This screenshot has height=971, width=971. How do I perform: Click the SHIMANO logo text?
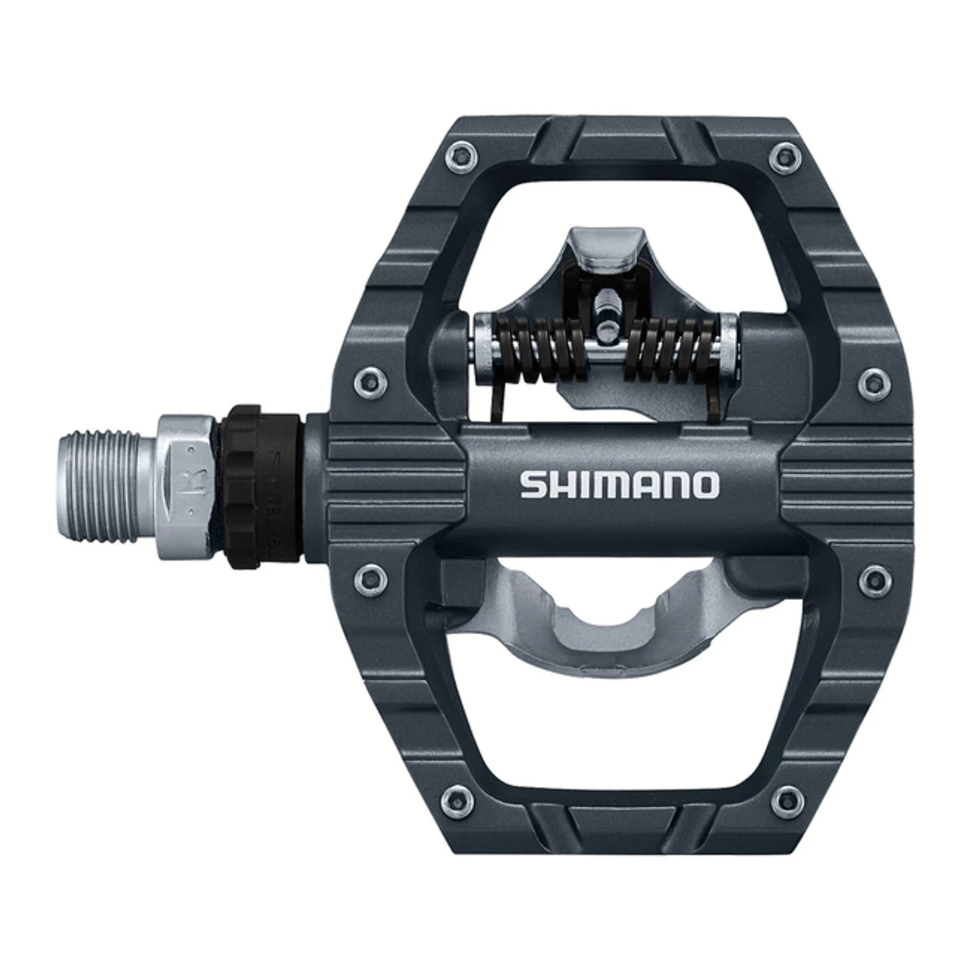(x=617, y=485)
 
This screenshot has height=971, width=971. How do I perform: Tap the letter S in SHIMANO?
(x=532, y=485)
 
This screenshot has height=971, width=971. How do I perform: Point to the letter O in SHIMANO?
(x=704, y=485)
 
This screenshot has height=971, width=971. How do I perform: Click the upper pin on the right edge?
(x=869, y=375)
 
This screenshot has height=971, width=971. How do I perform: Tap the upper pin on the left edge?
(x=369, y=375)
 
